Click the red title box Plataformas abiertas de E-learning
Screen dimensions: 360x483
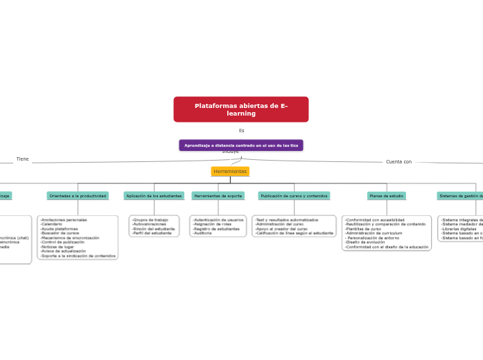point(240,109)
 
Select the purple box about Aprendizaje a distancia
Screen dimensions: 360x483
point(240,145)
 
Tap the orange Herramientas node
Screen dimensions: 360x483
point(230,171)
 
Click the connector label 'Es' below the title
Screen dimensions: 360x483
point(241,131)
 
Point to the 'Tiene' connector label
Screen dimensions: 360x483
point(23,159)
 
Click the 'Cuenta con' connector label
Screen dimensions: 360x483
point(398,162)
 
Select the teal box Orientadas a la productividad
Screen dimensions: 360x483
point(78,196)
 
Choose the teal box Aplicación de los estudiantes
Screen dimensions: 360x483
point(154,196)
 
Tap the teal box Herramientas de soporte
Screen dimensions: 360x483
point(218,196)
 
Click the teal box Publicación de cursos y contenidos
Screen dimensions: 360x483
point(294,196)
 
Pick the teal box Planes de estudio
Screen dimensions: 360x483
point(387,196)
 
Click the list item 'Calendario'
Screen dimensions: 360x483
point(52,224)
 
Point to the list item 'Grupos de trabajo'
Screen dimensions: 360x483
point(150,219)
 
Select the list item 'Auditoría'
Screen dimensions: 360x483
point(202,233)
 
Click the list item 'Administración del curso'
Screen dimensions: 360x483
point(279,224)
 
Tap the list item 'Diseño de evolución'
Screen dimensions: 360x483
point(365,242)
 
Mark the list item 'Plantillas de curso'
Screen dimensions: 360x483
point(363,228)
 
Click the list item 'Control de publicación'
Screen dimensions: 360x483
point(62,242)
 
